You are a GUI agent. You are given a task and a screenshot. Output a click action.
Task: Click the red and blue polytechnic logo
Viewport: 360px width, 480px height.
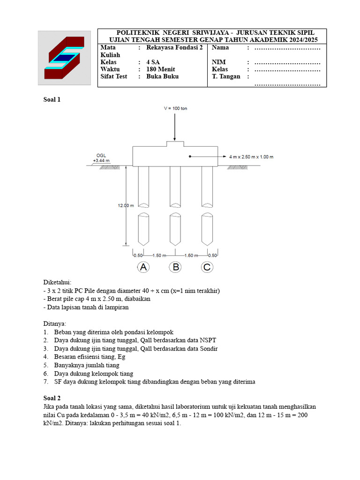[65, 58]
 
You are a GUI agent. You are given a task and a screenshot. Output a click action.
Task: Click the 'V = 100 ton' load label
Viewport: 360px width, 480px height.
[175, 108]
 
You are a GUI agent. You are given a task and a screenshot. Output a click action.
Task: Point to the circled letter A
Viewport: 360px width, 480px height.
[143, 267]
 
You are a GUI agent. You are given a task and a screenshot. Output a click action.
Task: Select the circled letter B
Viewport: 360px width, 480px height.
[175, 267]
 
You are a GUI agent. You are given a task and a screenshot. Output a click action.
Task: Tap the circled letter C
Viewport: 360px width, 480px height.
[207, 267]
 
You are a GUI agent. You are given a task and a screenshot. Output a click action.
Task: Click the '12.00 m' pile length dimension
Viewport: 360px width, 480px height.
[126, 205]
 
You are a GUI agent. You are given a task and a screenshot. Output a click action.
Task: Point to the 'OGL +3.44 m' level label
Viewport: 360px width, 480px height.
[101, 158]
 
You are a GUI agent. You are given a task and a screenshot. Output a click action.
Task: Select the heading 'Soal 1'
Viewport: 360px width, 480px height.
[52, 99]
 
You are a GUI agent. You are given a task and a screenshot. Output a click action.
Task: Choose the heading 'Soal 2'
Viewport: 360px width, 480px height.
[52, 398]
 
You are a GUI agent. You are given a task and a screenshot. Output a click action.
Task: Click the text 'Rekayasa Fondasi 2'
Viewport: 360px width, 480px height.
[174, 48]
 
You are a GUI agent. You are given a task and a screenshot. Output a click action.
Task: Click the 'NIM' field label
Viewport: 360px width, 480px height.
[219, 62]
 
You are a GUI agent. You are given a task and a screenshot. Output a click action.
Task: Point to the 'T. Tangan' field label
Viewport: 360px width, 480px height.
[226, 76]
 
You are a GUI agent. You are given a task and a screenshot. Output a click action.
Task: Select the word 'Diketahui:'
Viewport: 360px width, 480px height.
[57, 283]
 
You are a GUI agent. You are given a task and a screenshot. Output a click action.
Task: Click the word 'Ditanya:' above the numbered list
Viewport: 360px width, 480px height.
[55, 323]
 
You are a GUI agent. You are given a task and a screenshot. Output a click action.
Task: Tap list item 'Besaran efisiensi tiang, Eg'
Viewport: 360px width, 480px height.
[90, 357]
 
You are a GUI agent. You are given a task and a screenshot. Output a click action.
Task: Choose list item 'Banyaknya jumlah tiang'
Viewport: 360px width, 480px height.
[86, 365]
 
